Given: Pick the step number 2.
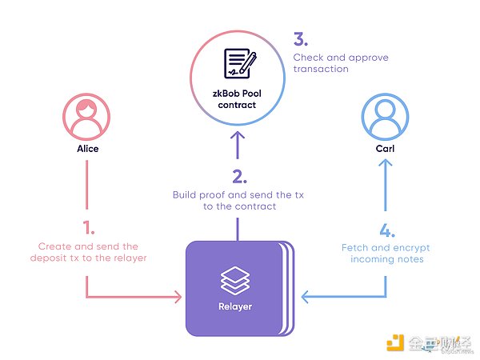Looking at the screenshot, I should click(x=237, y=174).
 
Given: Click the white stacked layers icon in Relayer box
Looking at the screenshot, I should click(x=235, y=281).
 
